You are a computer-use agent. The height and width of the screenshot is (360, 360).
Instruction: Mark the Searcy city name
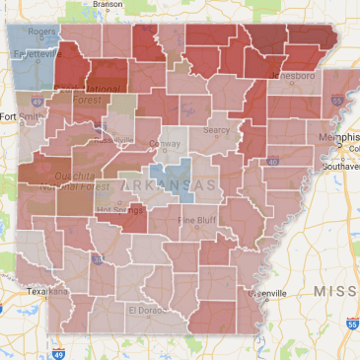coord(214,129)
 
